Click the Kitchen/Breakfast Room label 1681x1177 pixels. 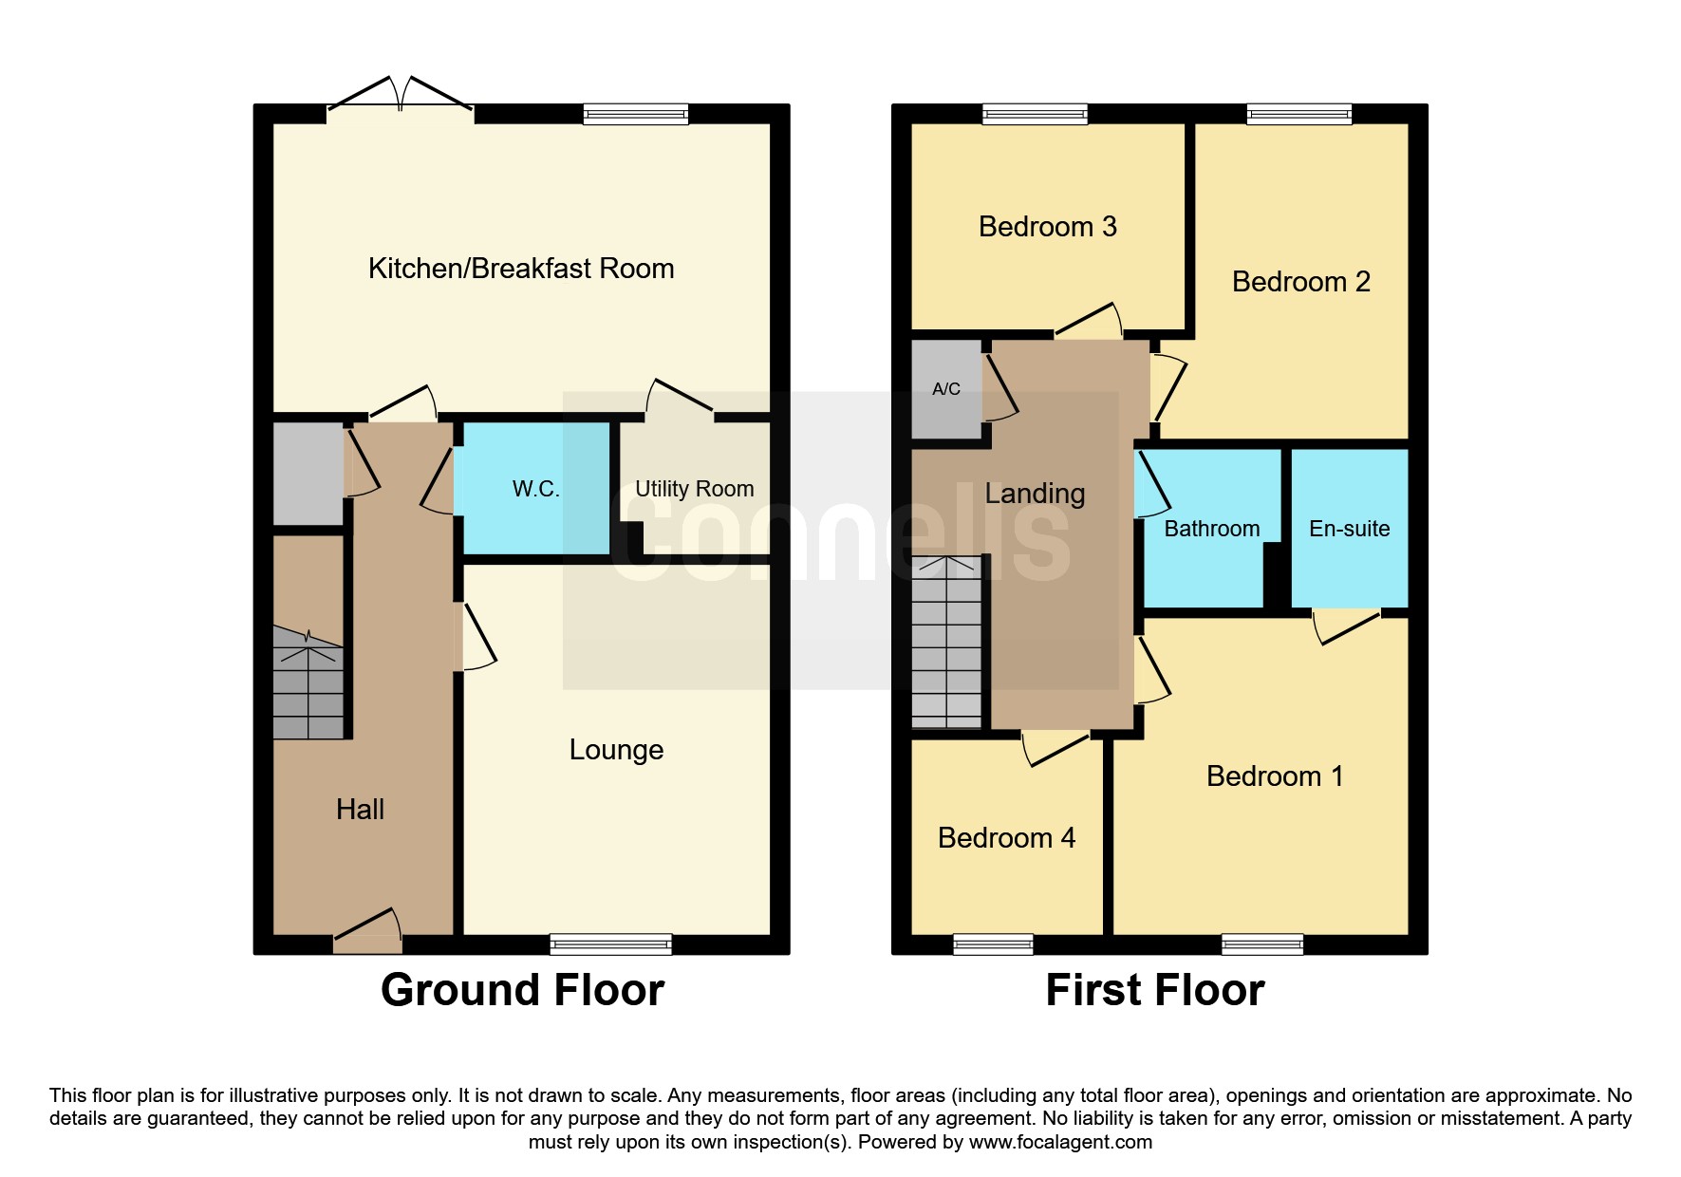point(521,269)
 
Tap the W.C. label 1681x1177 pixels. point(536,489)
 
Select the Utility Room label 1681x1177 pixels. point(695,489)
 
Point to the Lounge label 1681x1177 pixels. point(616,750)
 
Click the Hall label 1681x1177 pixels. point(360,810)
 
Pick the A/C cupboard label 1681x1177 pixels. point(946,389)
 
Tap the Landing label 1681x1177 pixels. point(1035,494)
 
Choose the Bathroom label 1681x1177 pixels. point(1212,529)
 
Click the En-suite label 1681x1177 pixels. point(1350,529)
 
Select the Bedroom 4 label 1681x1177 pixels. point(1006,838)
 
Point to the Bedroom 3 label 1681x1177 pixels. point(1048,227)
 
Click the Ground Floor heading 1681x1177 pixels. point(523,990)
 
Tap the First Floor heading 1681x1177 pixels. point(1155,990)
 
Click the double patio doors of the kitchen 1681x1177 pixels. point(401,99)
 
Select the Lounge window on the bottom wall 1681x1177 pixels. point(610,944)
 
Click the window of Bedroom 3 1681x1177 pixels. point(1035,114)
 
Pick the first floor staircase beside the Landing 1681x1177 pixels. point(946,643)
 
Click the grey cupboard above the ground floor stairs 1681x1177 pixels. point(308,474)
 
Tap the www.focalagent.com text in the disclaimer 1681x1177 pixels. point(1060,1142)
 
